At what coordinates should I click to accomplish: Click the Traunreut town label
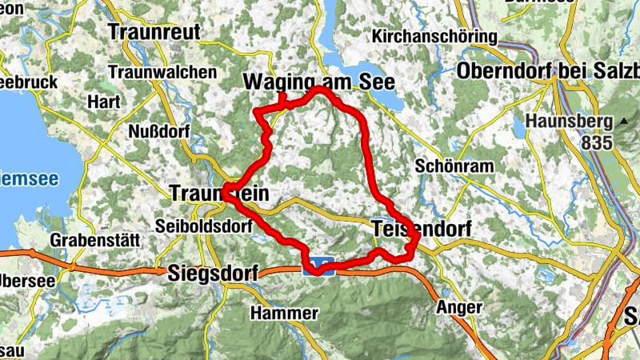pos(151,32)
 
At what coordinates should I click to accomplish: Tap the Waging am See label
pos(309,82)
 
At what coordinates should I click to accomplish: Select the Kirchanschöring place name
pos(434,37)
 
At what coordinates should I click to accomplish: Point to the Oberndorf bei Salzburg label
pos(548,70)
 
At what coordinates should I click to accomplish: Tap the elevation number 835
pos(597,143)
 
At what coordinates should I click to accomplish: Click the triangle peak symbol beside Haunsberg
pos(623,122)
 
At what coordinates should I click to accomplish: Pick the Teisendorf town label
pos(422,230)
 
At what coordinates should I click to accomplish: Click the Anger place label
pos(459,307)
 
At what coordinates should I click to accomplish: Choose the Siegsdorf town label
pos(213,274)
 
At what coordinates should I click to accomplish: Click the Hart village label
pos(104,102)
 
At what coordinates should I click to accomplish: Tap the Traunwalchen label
pos(162,72)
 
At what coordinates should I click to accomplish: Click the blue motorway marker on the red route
pos(322,263)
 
